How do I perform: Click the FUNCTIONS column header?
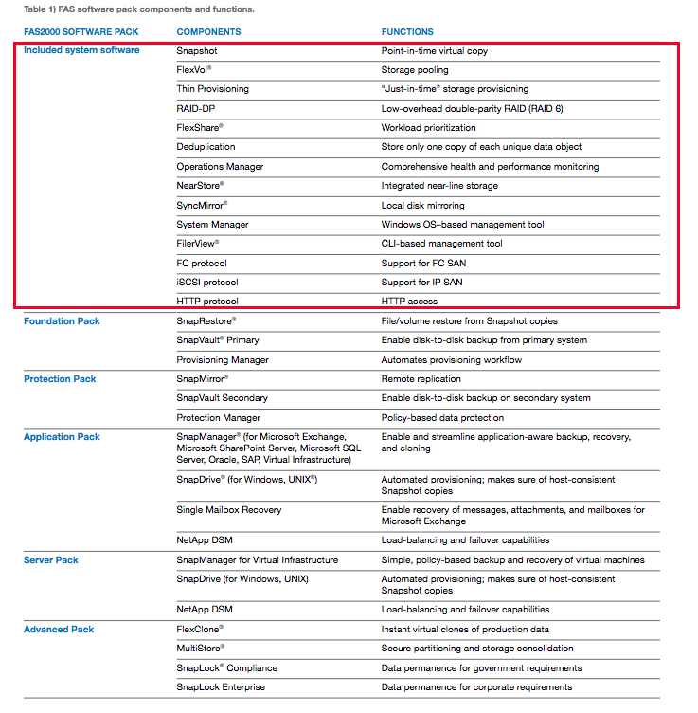(x=407, y=31)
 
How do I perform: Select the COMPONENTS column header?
(x=208, y=31)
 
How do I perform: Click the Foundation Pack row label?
(x=62, y=321)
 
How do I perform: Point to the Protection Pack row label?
(x=60, y=379)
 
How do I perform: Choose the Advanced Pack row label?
(x=59, y=630)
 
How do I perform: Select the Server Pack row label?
(x=51, y=560)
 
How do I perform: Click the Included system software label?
(x=81, y=50)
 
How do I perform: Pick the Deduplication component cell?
(x=206, y=147)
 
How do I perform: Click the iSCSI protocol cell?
(x=207, y=283)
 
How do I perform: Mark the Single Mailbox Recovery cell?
(x=228, y=510)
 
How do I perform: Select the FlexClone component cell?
(x=200, y=630)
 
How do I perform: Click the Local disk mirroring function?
(x=422, y=205)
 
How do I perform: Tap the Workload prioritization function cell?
(x=428, y=128)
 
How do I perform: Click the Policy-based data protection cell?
(x=442, y=418)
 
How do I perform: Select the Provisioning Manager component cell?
(x=223, y=360)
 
